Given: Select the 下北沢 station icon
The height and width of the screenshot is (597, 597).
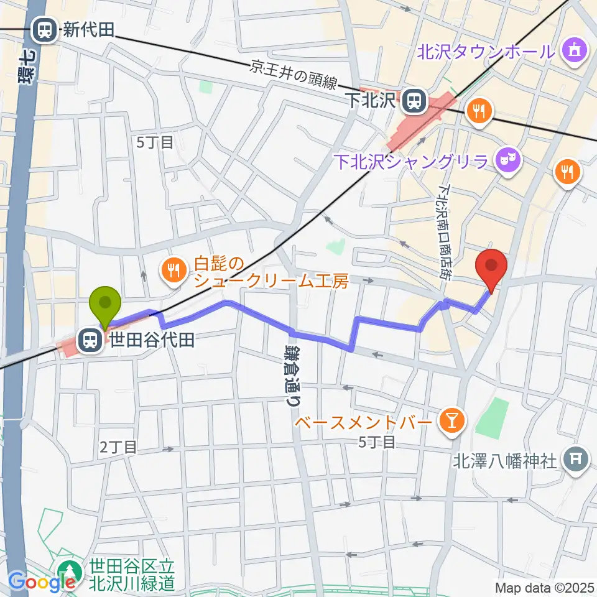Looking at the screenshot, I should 412,99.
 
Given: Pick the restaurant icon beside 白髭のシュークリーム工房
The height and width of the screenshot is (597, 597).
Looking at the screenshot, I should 171,269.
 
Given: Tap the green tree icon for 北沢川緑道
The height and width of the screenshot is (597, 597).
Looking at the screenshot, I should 68,572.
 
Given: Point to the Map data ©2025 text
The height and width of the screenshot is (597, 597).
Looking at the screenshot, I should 544,587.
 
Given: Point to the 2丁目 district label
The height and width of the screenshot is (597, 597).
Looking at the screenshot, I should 119,446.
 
